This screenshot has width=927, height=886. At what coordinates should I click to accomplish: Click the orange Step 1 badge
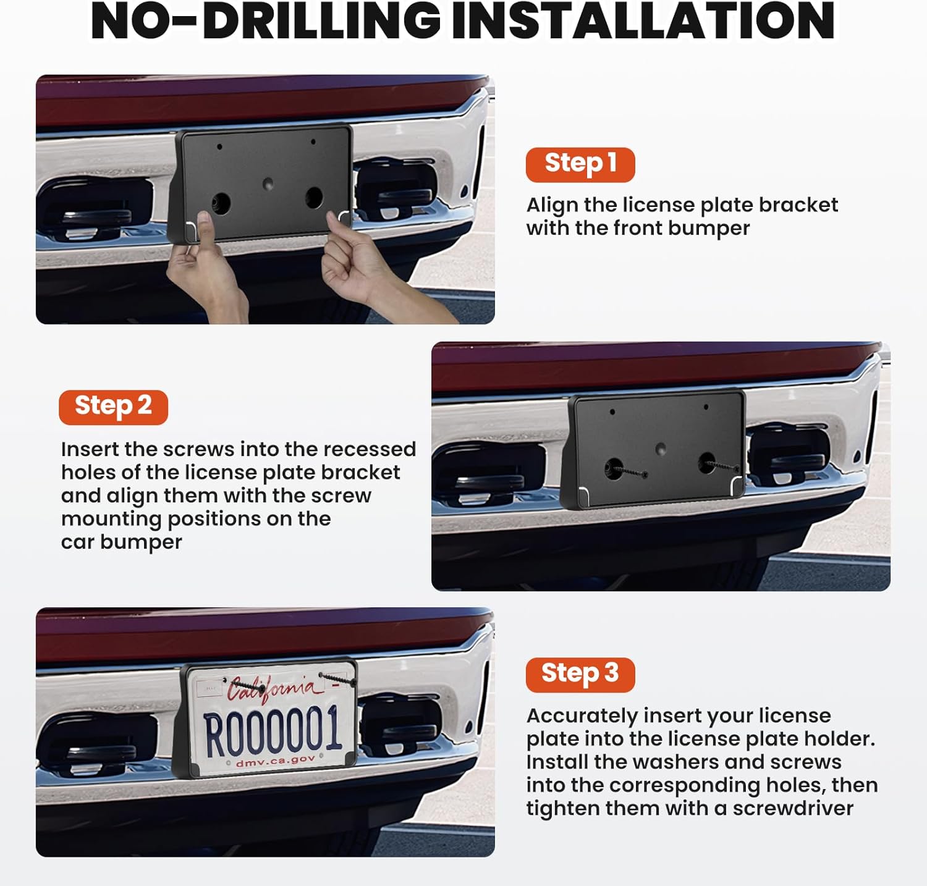580,164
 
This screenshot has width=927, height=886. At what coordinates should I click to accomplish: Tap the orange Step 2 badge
113,407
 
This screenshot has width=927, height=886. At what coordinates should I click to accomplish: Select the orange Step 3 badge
580,674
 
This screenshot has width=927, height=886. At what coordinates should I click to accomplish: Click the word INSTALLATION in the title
643,22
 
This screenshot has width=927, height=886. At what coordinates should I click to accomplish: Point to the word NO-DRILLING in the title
266,22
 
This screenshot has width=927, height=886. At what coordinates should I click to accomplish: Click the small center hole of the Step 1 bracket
268,184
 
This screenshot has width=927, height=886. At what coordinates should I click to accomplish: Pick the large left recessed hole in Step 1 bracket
221,203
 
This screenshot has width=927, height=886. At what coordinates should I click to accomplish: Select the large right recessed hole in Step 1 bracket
313,198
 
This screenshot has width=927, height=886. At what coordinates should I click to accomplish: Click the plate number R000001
273,732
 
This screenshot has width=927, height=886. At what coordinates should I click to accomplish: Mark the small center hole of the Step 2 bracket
660,449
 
